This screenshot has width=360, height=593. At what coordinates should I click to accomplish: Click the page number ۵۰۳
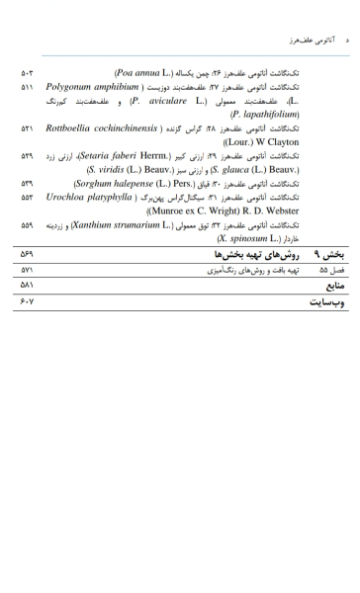(27, 73)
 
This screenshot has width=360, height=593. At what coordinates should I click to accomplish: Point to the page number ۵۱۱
(27, 87)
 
